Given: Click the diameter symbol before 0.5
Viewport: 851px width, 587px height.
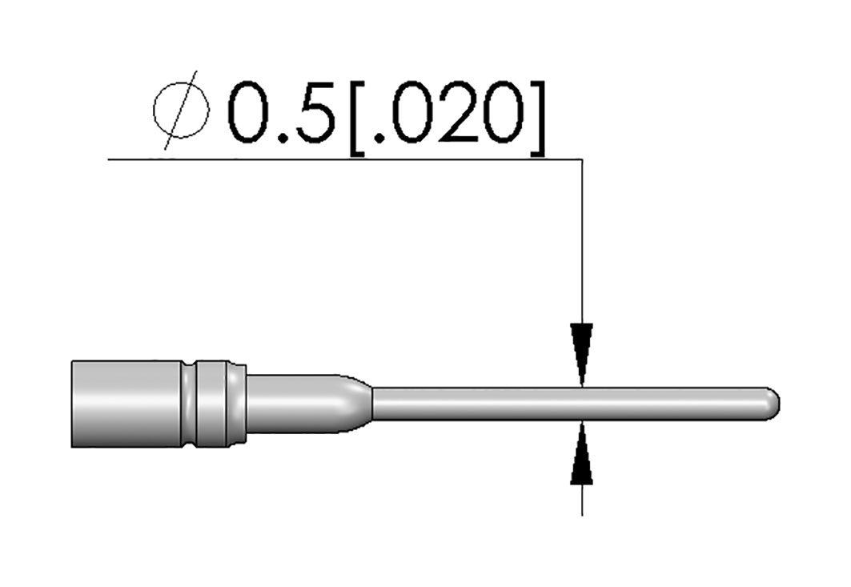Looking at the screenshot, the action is coord(181,111).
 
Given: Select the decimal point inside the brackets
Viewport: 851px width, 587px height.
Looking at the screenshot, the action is coord(380,138).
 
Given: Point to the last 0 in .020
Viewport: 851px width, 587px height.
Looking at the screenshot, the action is coord(504,112).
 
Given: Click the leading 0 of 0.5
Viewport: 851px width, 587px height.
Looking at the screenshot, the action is coord(250,112).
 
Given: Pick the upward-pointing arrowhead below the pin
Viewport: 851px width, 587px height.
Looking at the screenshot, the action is coord(582,453).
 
